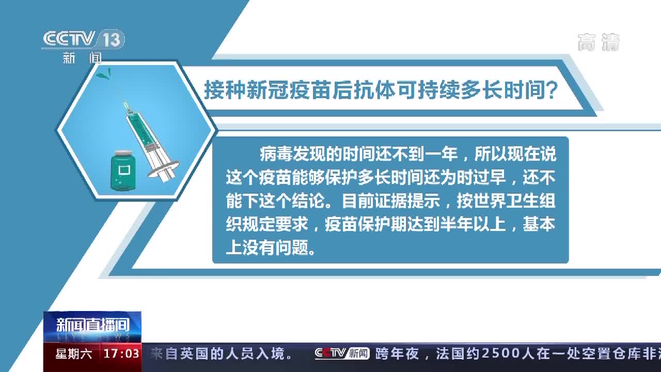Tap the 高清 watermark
(x=599, y=42)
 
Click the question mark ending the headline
(x=551, y=90)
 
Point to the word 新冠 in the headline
(x=267, y=90)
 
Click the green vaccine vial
(x=123, y=171)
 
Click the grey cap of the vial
(x=123, y=153)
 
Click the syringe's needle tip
(x=125, y=104)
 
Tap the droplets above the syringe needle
(x=104, y=74)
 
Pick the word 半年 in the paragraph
(x=456, y=224)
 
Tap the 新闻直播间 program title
(x=92, y=325)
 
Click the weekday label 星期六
(x=74, y=354)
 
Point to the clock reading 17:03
(x=121, y=354)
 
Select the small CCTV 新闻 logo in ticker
(x=342, y=353)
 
